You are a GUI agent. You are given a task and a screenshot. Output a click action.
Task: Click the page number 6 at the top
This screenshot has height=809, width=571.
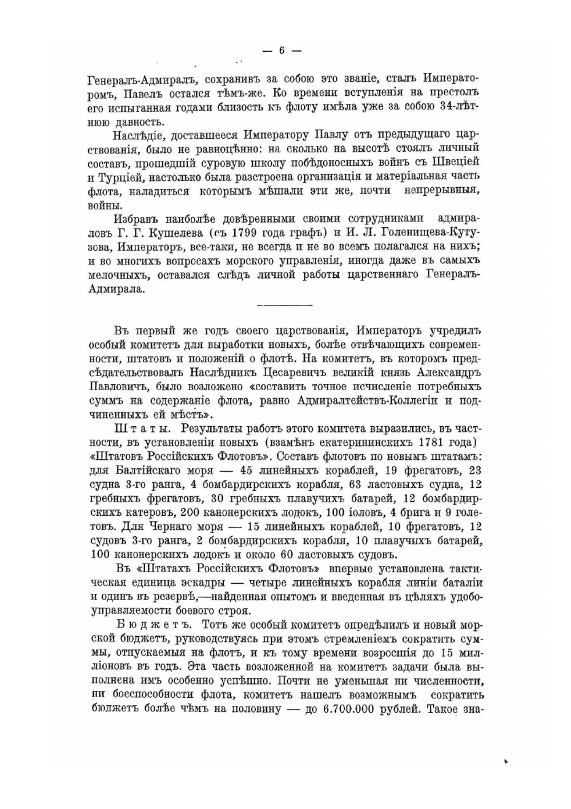pyautogui.click(x=282, y=50)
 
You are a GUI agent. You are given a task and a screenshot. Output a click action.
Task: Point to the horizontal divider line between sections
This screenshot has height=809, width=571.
pyautogui.click(x=285, y=306)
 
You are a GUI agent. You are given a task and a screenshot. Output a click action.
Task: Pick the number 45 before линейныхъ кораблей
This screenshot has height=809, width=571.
pyautogui.click(x=247, y=471)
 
